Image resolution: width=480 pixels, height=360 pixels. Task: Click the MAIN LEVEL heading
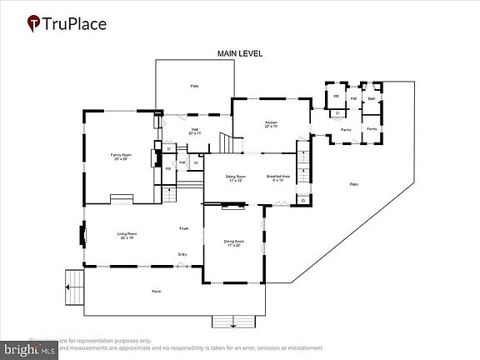coord(240,53)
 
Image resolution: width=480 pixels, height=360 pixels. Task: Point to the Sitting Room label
coord(236,178)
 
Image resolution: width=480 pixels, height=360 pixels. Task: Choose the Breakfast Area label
coord(278,178)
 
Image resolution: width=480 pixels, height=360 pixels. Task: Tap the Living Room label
coord(127,236)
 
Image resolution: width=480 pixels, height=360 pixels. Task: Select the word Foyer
coord(184,227)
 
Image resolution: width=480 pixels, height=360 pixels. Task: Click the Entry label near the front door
coord(182,254)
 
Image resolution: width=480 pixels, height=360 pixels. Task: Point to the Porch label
coord(156,291)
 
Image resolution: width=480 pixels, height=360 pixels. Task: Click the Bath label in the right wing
coord(372,99)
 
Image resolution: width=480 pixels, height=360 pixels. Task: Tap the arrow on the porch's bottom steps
coord(234,323)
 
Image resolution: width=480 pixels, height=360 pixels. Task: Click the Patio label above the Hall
coord(194,86)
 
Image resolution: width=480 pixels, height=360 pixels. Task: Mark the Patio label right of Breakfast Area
coord(353,183)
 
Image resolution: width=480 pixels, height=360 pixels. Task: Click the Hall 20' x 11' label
coord(194,131)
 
